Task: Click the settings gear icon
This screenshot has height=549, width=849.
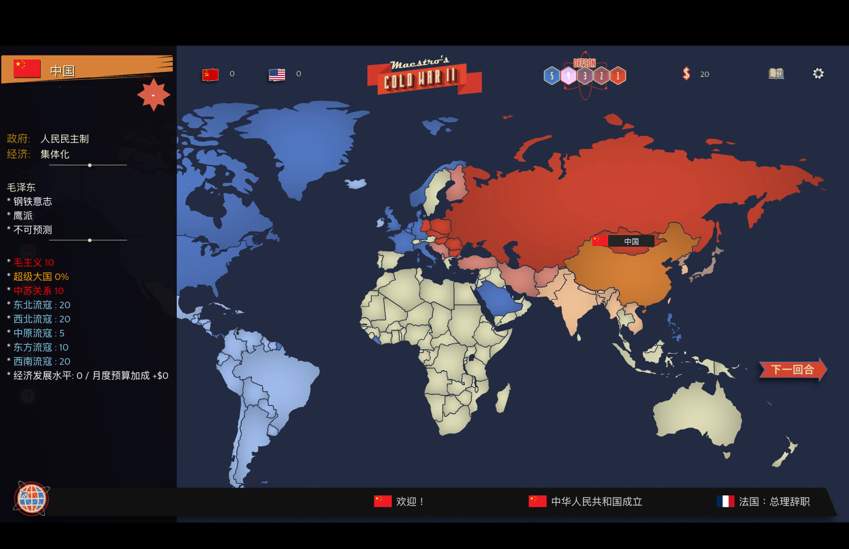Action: (818, 74)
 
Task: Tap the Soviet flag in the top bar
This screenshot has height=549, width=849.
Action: (211, 74)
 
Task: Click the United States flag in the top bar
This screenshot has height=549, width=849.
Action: (277, 74)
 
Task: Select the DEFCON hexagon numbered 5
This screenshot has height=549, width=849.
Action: (552, 76)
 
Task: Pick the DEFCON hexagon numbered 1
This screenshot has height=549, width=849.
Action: (618, 76)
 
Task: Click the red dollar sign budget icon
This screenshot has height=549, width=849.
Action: (686, 74)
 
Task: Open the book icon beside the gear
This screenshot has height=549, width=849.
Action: (776, 74)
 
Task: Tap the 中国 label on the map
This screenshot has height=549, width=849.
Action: (631, 242)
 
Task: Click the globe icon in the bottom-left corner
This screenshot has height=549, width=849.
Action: (32, 498)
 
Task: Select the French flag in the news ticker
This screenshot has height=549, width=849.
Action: (725, 501)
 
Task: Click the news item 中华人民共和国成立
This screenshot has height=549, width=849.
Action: (596, 501)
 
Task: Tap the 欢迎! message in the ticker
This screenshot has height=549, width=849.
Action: (410, 501)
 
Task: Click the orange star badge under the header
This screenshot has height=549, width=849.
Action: (153, 95)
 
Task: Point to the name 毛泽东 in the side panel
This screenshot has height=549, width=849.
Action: (21, 187)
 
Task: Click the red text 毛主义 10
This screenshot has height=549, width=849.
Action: (33, 262)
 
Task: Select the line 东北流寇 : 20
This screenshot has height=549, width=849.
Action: (42, 305)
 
